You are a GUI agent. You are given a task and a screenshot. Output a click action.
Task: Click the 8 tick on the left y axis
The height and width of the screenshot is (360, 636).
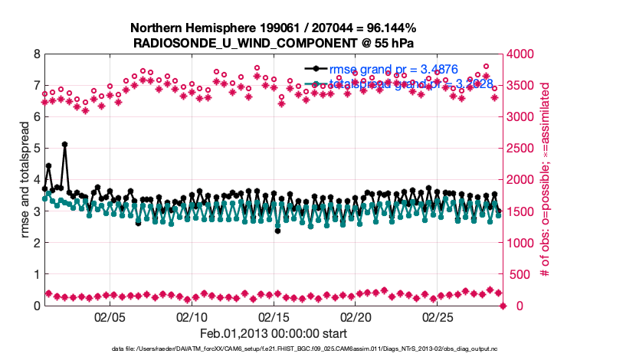36,54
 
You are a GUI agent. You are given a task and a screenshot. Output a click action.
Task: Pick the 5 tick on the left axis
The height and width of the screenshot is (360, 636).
36,149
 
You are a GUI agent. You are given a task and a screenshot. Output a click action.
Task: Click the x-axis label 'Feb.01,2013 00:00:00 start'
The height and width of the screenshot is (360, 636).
274,333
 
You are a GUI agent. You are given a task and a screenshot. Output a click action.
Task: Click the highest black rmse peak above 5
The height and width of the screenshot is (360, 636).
65,144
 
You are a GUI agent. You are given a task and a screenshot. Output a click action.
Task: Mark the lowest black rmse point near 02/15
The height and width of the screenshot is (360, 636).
277,231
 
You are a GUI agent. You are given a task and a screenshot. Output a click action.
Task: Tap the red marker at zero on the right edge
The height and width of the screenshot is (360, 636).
503,306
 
